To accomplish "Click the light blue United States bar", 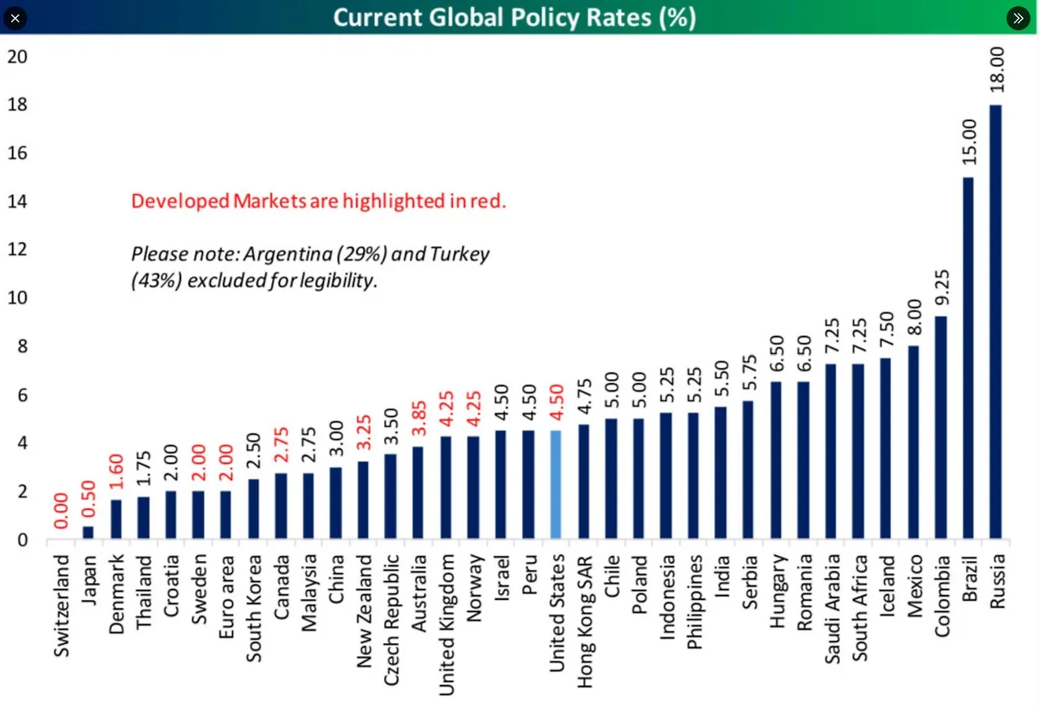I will (x=556, y=484).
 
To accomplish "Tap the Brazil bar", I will (x=968, y=357).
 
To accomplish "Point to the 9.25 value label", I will (x=942, y=289).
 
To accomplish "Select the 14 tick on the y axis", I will (x=17, y=201).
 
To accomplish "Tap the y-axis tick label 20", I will (x=17, y=57).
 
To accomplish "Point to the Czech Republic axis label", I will (x=391, y=619).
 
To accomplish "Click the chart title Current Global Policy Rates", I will (x=515, y=17).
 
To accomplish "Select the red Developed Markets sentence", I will (x=318, y=201).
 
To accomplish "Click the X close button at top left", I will (x=15, y=17).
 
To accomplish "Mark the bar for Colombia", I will (x=942, y=427).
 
